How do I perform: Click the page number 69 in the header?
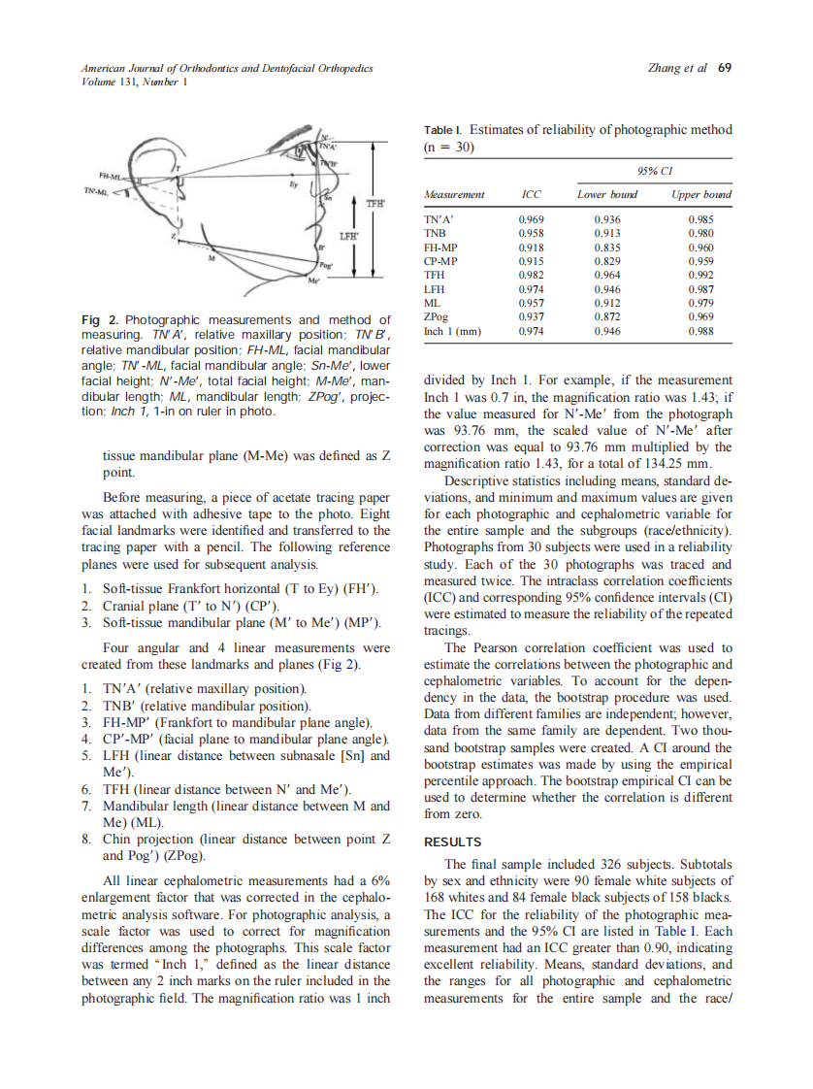coord(724,68)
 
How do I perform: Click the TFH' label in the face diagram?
coord(374,205)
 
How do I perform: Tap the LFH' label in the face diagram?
coord(347,235)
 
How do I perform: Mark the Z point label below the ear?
coord(174,236)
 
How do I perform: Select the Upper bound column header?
coord(700,195)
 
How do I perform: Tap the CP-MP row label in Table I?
coord(441,261)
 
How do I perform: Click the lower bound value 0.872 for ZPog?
coord(607,316)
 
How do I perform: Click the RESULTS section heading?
coord(453,842)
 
